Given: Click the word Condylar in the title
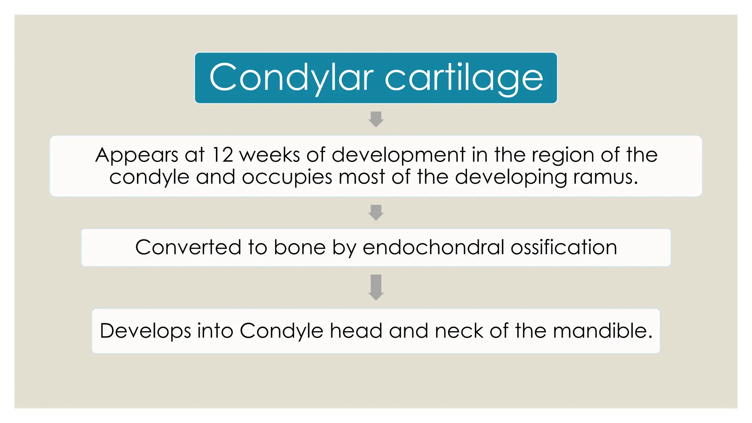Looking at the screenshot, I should (291, 78).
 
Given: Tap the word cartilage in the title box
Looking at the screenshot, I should (464, 78).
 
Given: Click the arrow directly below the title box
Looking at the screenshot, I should (376, 119).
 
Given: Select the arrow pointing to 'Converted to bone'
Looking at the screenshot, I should (376, 213).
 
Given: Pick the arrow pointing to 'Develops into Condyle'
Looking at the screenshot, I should (376, 287).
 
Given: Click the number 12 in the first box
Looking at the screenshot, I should (223, 155).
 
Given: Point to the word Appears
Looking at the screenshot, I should (137, 155).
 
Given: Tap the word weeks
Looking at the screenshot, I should (270, 155).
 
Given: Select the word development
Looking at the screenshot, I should (398, 155).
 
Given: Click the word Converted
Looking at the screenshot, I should (188, 247).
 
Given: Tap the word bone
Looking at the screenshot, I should (300, 247).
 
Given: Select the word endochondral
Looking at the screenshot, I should (433, 247).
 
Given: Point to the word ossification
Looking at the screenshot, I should (564, 247).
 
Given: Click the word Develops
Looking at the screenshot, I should (145, 331).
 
